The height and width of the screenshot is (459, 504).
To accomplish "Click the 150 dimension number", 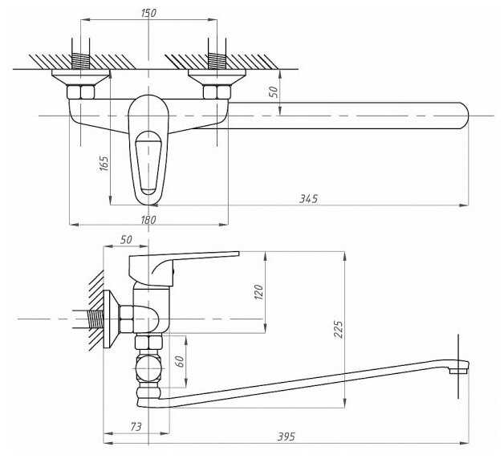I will pyautogui.click(x=148, y=12).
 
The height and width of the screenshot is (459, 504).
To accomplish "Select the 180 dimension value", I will pyautogui.click(x=148, y=218).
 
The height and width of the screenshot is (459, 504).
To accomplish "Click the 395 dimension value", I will pyautogui.click(x=287, y=437).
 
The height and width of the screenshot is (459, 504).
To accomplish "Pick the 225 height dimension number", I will pyautogui.click(x=338, y=330).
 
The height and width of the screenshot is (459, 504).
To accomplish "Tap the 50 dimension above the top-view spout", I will pyautogui.click(x=274, y=91).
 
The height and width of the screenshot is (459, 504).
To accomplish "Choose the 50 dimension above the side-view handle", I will pyautogui.click(x=126, y=239).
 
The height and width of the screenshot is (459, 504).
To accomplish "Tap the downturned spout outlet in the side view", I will pyautogui.click(x=457, y=368).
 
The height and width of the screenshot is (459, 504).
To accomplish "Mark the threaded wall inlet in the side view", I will pyautogui.click(x=97, y=319).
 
